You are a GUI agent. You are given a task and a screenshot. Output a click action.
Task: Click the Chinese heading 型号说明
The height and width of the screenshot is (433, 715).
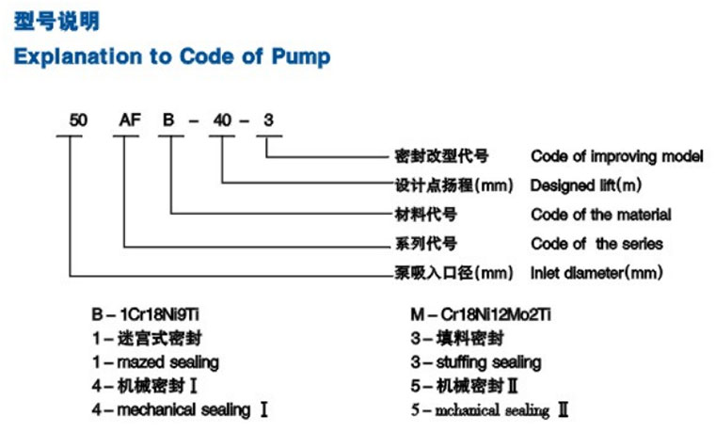56,22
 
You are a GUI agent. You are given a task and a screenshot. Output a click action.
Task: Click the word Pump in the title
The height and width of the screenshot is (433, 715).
301,57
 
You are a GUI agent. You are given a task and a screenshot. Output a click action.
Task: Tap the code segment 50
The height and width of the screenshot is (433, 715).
78,120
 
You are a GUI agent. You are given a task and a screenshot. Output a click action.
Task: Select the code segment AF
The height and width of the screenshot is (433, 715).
130,120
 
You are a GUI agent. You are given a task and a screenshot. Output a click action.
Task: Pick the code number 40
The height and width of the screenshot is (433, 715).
222,120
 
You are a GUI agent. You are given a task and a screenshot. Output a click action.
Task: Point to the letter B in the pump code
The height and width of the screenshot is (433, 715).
168,120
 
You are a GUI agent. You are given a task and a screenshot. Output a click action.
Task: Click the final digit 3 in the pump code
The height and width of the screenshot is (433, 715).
268,120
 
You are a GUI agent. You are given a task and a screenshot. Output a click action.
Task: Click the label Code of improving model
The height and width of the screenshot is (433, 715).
617,156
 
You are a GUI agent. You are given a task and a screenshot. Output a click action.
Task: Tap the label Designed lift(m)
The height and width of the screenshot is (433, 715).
586,185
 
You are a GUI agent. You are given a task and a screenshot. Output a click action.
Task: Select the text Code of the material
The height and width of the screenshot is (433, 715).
601,215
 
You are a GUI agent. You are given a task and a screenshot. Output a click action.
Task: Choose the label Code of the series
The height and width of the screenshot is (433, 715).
596,244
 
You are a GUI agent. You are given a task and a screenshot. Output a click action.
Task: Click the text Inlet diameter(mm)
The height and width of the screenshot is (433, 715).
596,273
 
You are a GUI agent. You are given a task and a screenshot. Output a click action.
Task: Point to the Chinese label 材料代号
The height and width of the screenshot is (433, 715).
425,215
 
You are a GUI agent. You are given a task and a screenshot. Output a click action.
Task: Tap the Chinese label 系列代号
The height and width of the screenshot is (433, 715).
425,244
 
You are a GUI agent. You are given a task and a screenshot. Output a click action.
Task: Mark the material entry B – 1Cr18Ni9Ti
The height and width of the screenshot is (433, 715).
146,314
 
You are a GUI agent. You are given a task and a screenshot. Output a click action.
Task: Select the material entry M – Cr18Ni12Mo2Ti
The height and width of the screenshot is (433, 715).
481,314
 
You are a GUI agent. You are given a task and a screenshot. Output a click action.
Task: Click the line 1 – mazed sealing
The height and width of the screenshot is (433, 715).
155,362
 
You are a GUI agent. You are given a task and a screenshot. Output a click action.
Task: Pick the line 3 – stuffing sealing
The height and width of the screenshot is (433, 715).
476,362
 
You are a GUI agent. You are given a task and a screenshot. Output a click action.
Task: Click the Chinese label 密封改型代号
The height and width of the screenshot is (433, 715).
441,156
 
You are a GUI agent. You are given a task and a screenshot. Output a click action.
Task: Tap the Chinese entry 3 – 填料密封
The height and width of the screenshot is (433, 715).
457,339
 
